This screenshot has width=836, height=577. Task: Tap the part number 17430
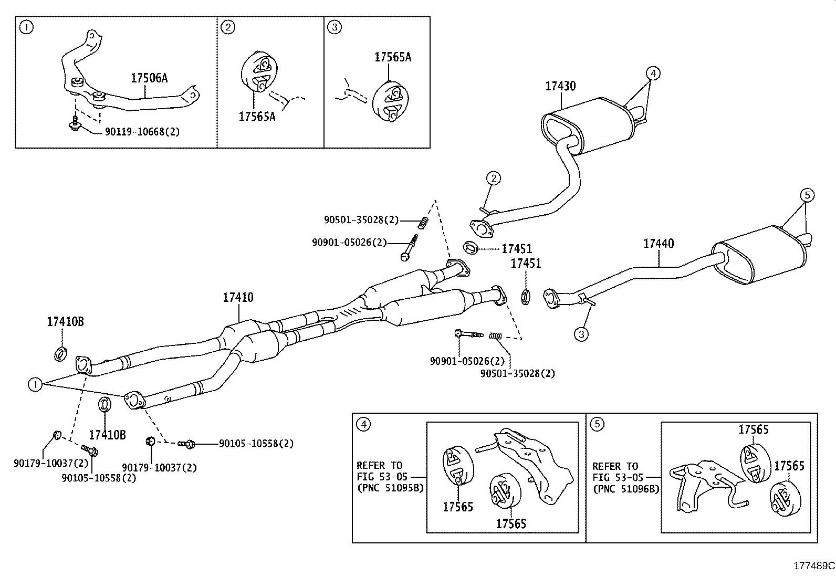point(560,86)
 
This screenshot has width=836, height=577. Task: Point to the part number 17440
point(659,244)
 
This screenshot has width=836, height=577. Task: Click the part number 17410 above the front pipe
point(238,298)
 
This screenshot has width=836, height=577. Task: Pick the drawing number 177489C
point(813,566)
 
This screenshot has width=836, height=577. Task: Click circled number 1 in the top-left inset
point(26,27)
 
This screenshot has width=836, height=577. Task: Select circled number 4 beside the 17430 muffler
point(652,73)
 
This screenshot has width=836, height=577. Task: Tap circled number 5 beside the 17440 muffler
point(808,196)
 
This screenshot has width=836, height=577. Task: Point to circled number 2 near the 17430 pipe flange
point(494,179)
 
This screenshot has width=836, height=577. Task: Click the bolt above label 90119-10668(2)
point(75,124)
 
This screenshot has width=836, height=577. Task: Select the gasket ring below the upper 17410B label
point(60,353)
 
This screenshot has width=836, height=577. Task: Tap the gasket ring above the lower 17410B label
point(104,405)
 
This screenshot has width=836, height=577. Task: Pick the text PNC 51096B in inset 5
point(626,488)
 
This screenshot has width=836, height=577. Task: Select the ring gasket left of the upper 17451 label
point(470,246)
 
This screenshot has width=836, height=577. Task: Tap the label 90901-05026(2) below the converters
point(467,361)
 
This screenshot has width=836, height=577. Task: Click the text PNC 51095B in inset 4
point(390,488)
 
